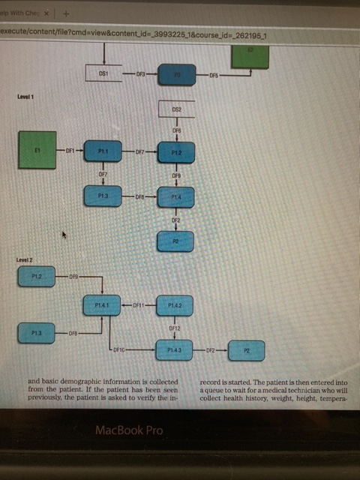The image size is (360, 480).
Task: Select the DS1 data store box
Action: point(105,73)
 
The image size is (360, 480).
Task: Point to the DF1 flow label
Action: point(70,151)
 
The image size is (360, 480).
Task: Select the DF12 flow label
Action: point(175,328)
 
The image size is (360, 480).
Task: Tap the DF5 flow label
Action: point(214,75)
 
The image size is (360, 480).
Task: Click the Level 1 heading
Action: point(25,97)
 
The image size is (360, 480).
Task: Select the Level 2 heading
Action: point(25,259)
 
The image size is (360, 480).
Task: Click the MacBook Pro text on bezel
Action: point(128,430)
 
